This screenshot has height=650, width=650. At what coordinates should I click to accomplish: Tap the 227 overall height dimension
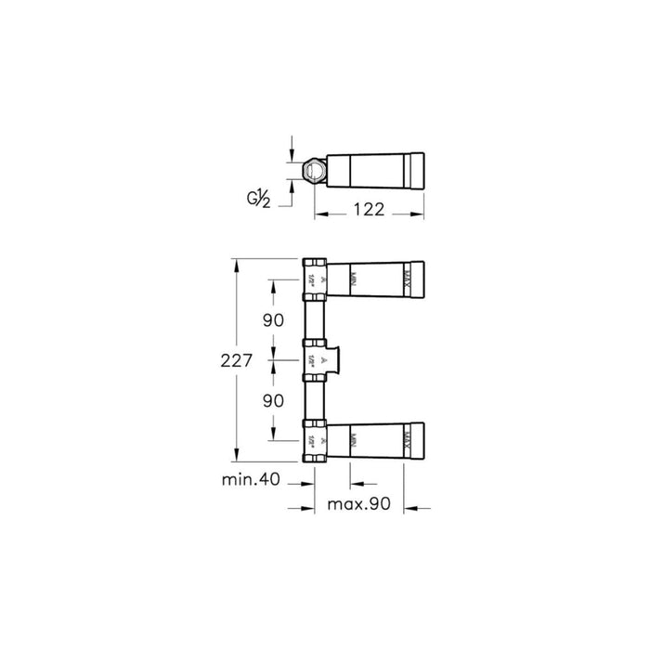236,362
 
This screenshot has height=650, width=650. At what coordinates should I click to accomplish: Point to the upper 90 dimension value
273,320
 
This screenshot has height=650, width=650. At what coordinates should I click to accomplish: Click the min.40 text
251,480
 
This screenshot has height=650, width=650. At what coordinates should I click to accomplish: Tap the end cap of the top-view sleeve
418,171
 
